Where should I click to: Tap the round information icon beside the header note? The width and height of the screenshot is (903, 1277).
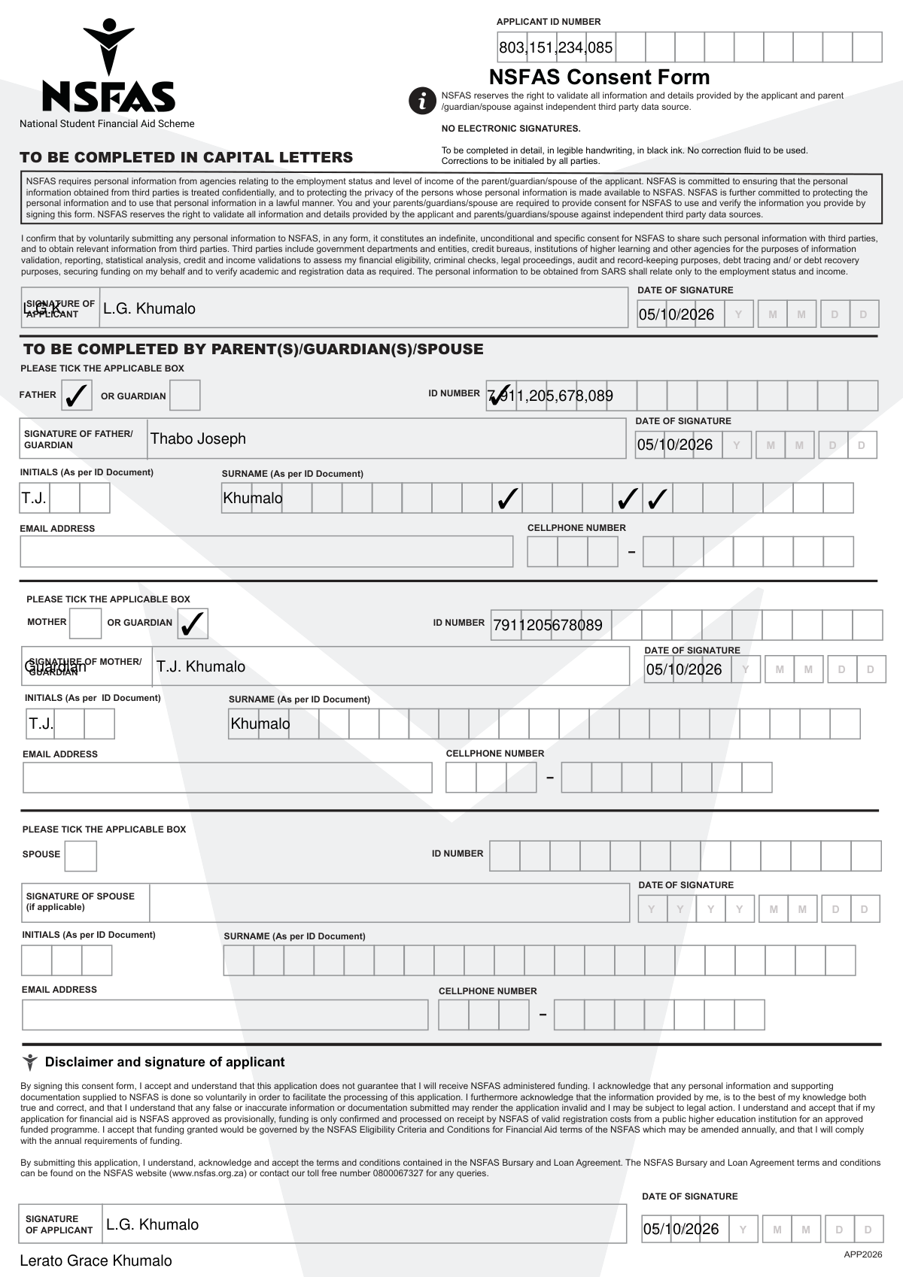point(422,101)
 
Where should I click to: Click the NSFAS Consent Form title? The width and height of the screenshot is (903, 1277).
point(599,77)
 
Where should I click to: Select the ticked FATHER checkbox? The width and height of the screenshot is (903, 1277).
point(76,395)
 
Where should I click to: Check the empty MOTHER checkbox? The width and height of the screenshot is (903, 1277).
point(85,623)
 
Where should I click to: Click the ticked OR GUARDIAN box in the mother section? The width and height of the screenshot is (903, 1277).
point(193,623)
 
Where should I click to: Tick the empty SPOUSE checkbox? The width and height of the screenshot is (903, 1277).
point(81,856)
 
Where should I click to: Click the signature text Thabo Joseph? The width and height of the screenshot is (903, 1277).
point(198,438)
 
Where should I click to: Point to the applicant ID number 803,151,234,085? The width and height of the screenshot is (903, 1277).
point(555,48)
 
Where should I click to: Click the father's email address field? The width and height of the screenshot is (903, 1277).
point(266,551)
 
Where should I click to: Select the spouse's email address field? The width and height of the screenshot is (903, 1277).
point(224,1015)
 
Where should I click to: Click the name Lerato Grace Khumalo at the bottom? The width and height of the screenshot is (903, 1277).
point(96,1260)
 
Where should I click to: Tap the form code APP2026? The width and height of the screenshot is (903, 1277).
point(862,1254)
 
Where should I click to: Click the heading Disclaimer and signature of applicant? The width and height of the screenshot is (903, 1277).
point(165,1062)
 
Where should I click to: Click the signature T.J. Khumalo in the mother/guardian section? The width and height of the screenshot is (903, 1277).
point(200,666)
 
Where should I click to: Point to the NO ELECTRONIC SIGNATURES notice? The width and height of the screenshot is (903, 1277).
point(510,129)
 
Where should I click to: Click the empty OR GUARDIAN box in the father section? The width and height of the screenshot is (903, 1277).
point(184,395)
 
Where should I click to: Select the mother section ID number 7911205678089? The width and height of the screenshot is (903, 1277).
point(547,625)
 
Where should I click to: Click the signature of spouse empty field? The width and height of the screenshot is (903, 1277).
point(388,902)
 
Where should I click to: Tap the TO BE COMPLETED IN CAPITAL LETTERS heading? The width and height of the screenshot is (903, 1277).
point(186,157)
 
